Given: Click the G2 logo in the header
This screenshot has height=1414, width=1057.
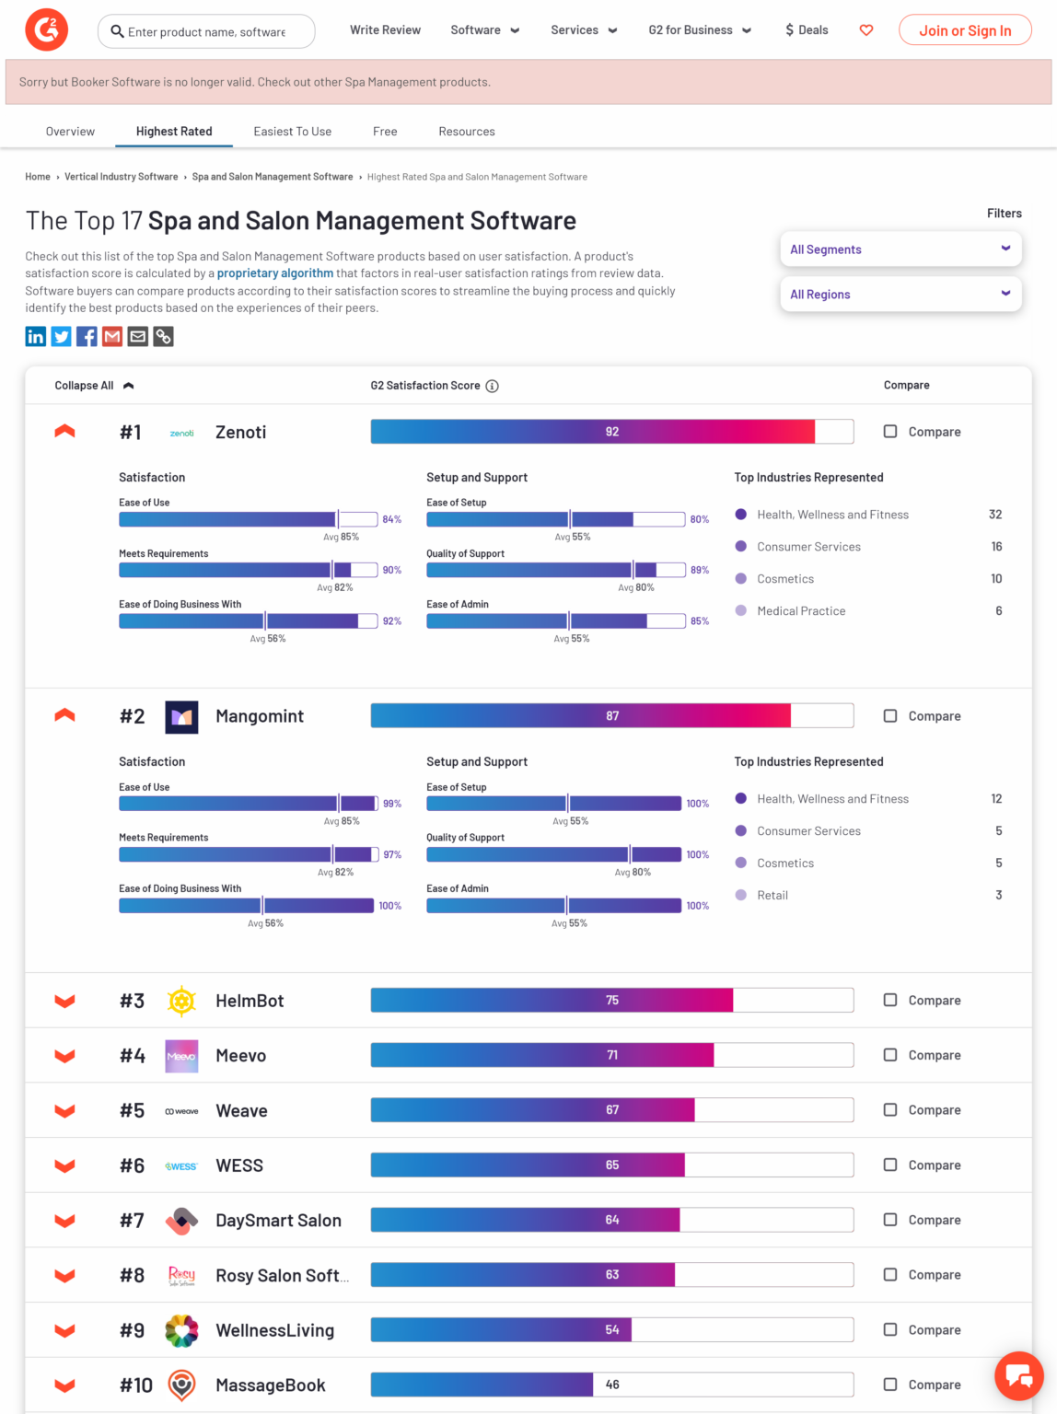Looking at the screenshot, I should [46, 30].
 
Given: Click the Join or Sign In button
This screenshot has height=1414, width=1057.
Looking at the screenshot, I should [964, 30].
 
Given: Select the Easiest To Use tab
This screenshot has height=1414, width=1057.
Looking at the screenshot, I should [292, 132].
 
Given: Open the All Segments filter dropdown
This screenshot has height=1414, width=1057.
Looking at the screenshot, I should [900, 249].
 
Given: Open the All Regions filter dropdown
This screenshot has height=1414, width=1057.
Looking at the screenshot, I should [900, 295].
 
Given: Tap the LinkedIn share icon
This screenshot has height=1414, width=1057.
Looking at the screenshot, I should [35, 337].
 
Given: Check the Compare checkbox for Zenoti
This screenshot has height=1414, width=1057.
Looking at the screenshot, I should [890, 431].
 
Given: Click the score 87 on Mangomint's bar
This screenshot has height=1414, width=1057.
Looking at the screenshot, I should [612, 716].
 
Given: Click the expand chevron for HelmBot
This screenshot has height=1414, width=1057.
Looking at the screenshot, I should [64, 1001].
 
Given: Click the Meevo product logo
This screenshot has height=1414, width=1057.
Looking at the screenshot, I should [181, 1056].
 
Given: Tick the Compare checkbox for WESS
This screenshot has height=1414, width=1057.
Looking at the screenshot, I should [890, 1165].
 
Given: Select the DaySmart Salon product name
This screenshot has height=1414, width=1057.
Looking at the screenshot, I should [278, 1221].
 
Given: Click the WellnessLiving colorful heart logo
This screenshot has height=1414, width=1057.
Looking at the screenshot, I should [181, 1330].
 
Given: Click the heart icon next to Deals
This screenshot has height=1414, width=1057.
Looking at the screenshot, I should [865, 30].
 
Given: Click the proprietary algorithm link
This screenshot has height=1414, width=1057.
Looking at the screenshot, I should [275, 273].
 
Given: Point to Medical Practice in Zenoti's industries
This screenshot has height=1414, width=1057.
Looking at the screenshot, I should [801, 611].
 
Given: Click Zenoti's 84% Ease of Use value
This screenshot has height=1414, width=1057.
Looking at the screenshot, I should [392, 519].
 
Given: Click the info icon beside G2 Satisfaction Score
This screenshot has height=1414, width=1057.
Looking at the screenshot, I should [493, 386].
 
